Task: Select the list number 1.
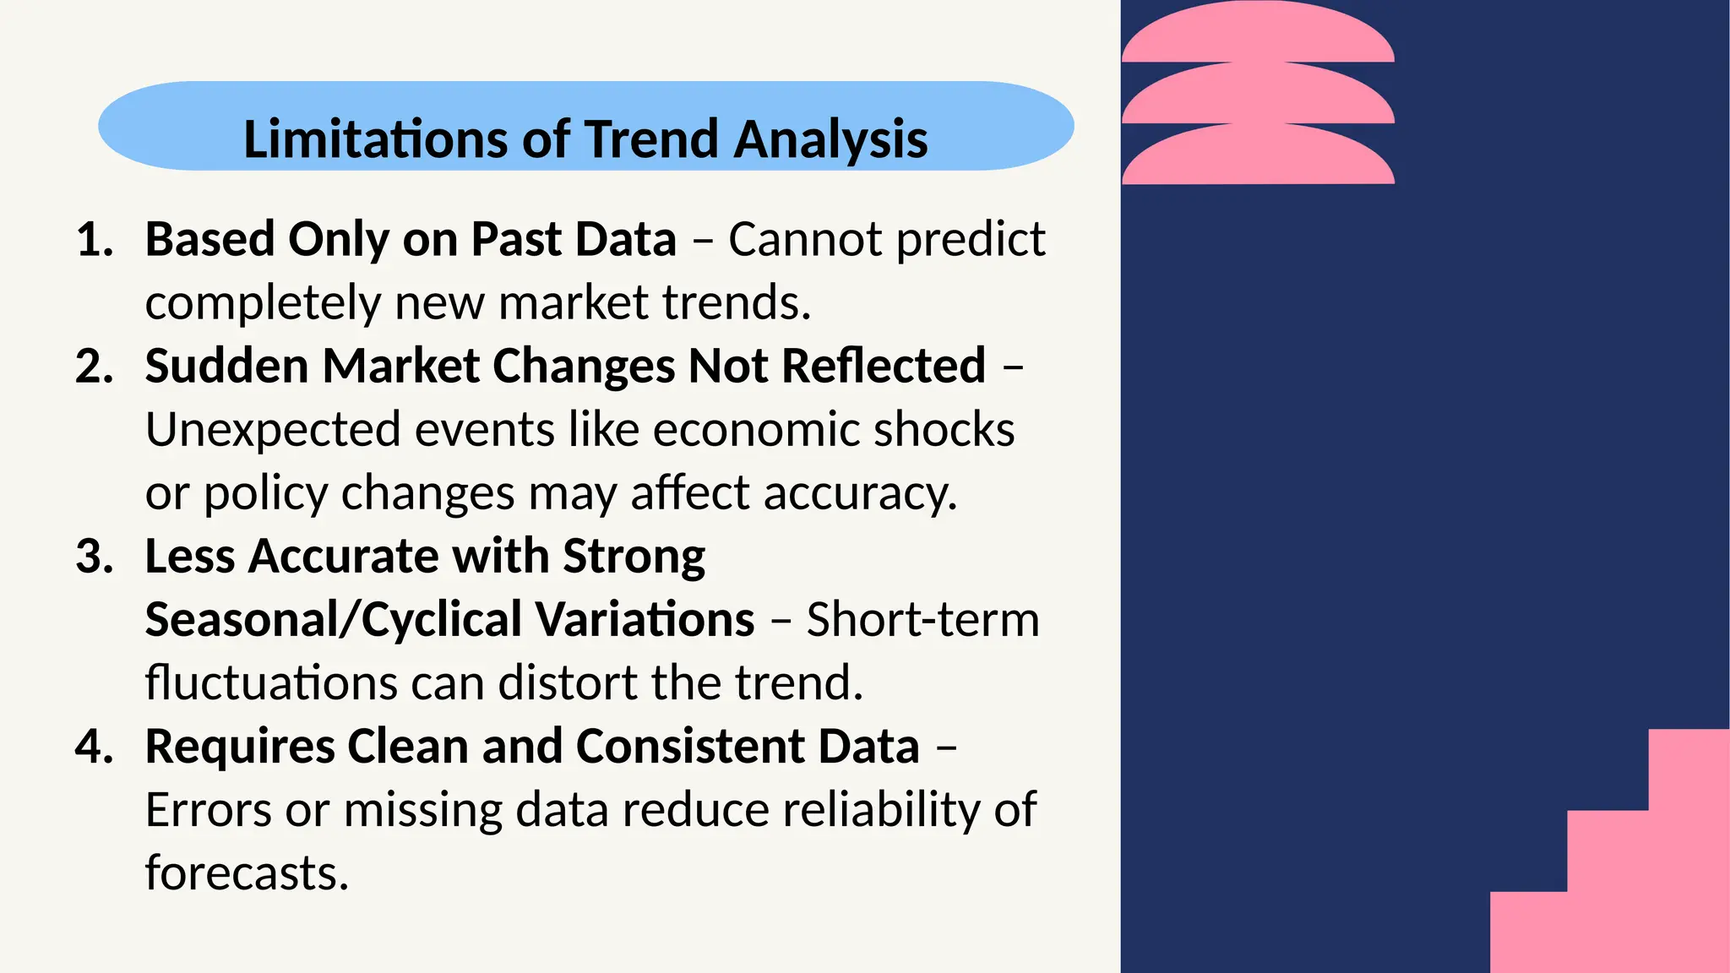[x=94, y=239]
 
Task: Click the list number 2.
[x=94, y=367]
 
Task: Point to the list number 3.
[x=94, y=557]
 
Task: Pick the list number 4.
[x=94, y=747]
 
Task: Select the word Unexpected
[x=272, y=430]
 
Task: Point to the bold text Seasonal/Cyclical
[x=334, y=620]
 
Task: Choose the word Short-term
[x=922, y=620]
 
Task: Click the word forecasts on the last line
[x=246, y=873]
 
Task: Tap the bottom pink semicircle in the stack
[x=1258, y=159]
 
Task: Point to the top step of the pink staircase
[x=1688, y=769]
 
